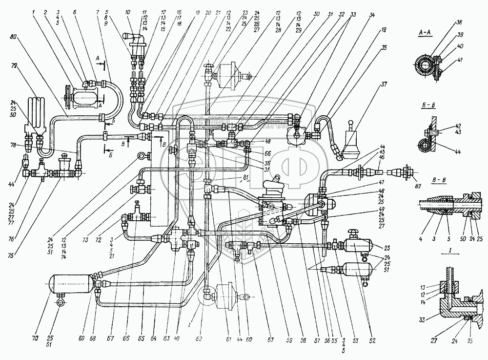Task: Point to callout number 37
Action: [384, 84]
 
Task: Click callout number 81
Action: [246, 176]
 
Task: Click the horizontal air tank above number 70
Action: [72, 283]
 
